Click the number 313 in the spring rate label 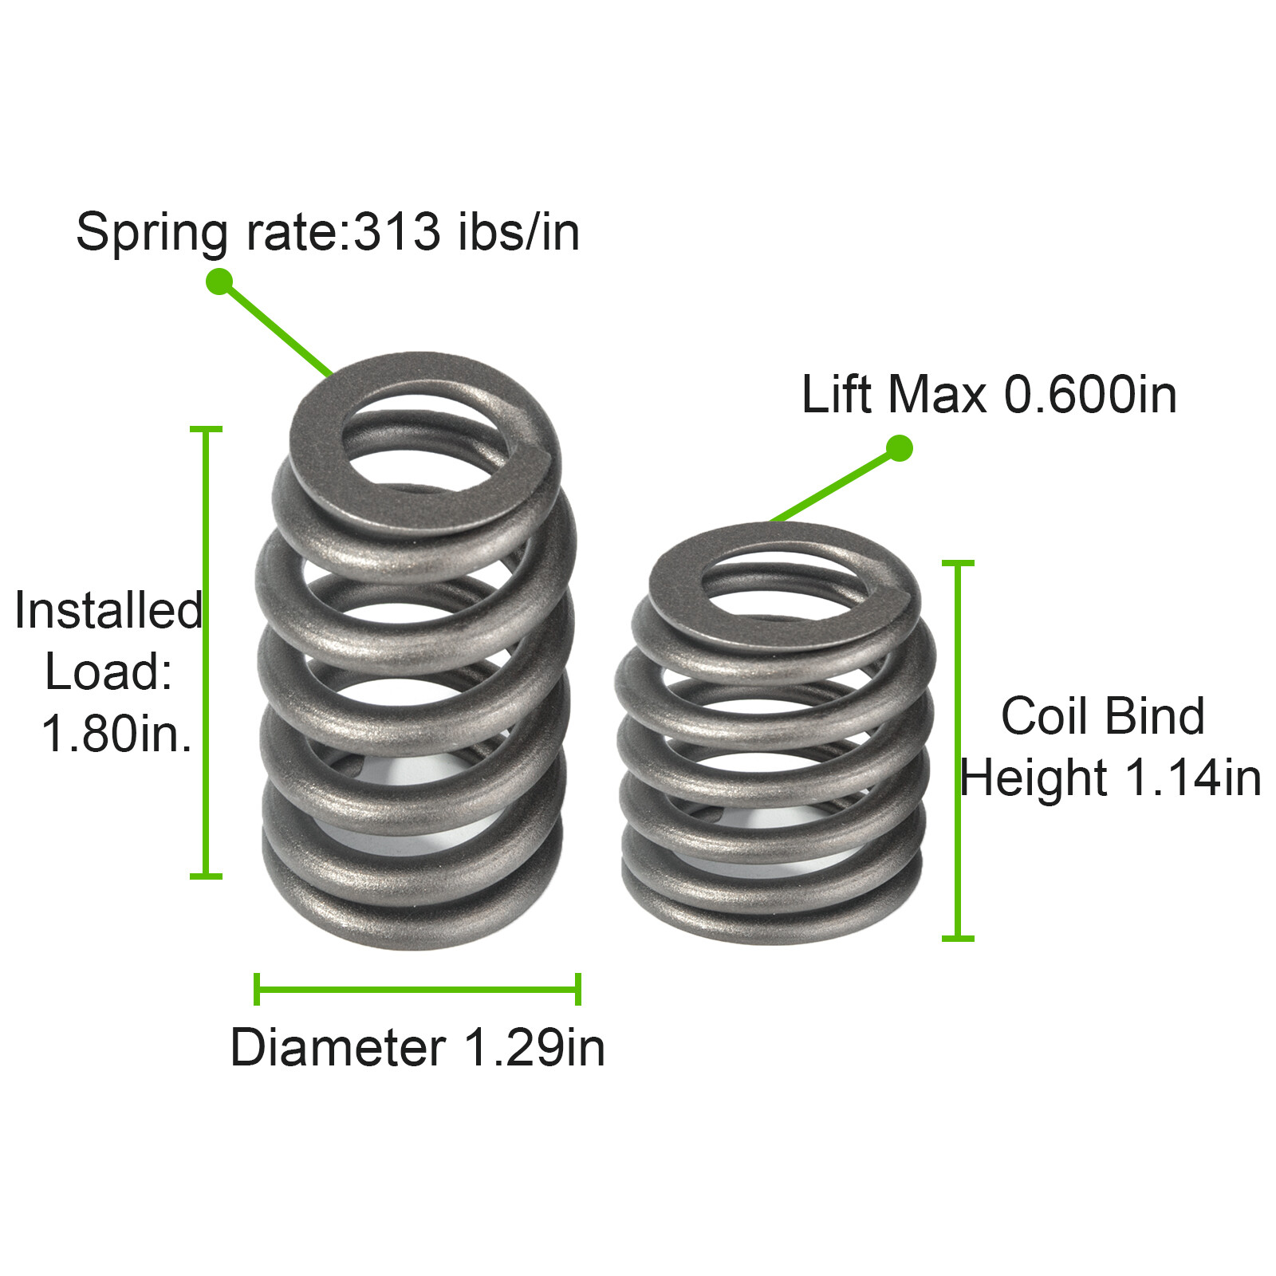point(396,232)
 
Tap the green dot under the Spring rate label point(219,282)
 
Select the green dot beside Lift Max point(899,448)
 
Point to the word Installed point(108,611)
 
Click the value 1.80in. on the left point(116,733)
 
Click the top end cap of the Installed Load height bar point(206,430)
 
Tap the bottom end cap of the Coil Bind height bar point(958,938)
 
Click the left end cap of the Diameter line point(257,990)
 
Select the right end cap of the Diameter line point(578,990)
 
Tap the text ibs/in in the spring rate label point(518,232)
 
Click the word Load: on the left point(108,671)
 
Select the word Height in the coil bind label point(1033,778)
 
